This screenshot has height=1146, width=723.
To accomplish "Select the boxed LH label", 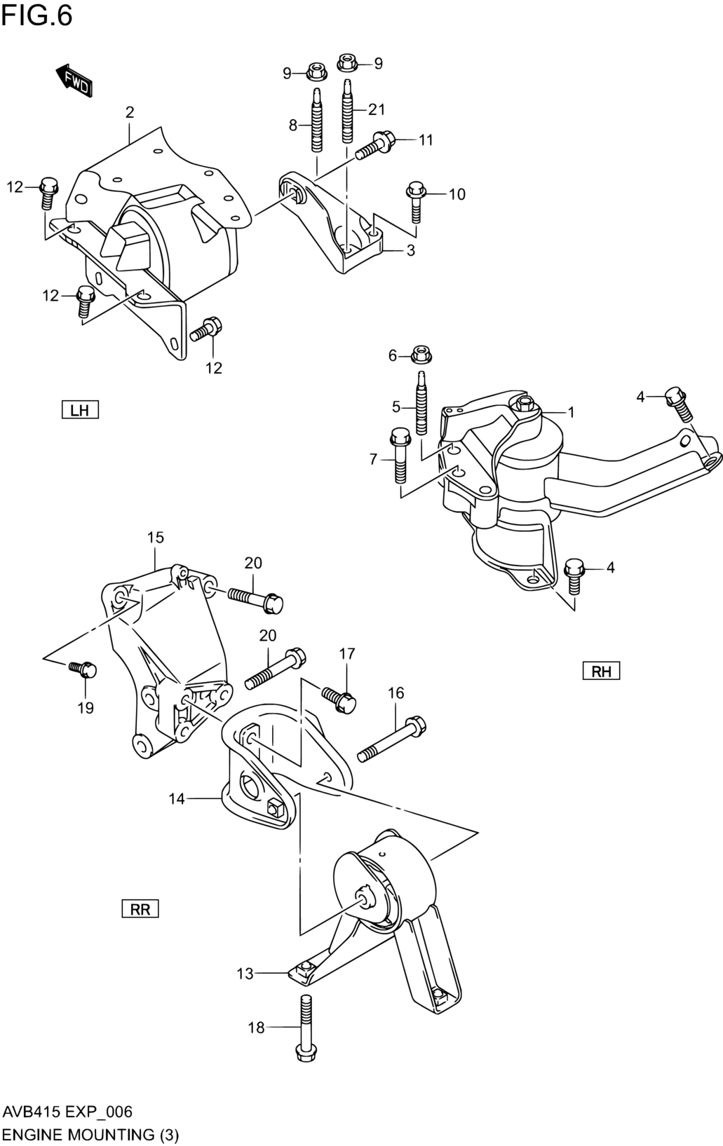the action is (80, 410).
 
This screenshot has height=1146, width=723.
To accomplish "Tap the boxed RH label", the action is (601, 671).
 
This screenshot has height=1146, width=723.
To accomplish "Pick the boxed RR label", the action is (140, 908).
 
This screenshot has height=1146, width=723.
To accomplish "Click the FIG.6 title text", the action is (36, 15).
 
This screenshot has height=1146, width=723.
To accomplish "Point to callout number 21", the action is (377, 109).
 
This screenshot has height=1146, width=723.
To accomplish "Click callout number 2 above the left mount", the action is (130, 112).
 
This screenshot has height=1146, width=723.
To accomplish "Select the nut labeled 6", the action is (421, 354).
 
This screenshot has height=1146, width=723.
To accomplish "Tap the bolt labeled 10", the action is (415, 202).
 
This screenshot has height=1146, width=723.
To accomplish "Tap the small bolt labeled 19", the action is (83, 669).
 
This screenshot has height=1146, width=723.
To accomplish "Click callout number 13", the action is (245, 974).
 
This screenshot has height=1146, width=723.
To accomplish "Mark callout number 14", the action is (177, 798).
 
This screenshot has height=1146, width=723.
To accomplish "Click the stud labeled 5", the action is (421, 402).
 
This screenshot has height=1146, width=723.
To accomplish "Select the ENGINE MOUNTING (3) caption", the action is (90, 1134).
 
